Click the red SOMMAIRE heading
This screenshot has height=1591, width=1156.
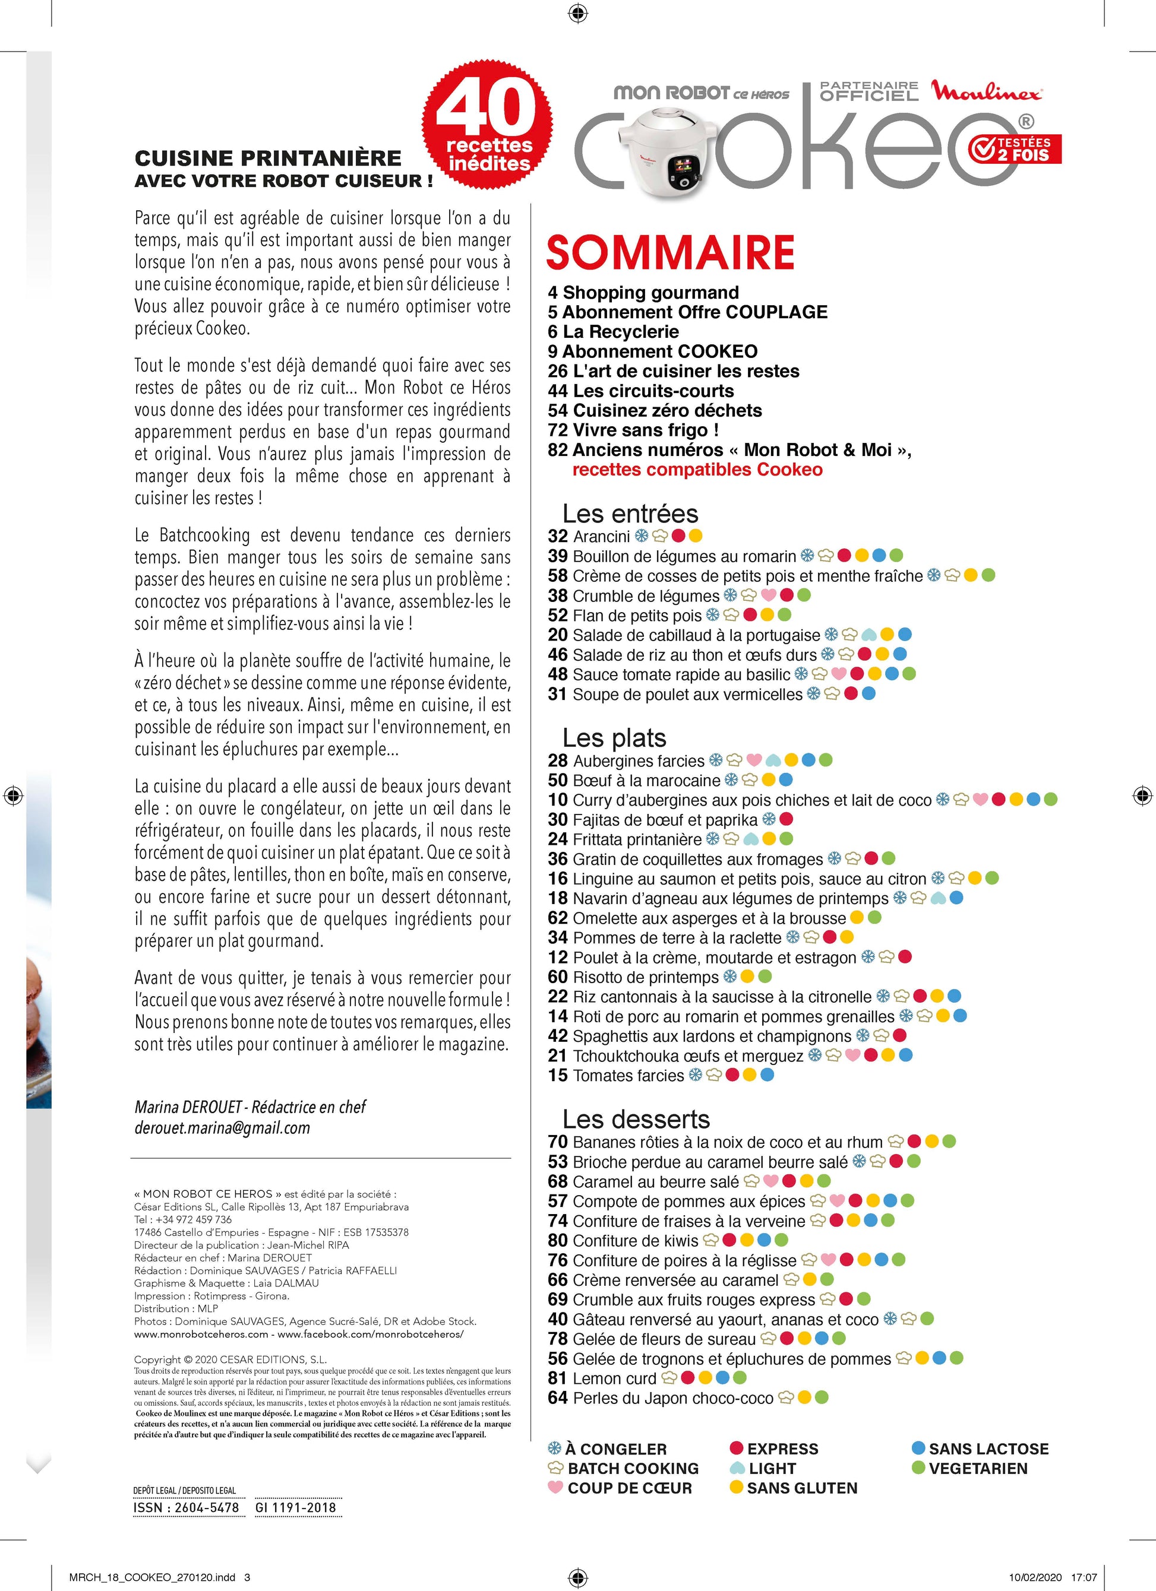click(x=669, y=253)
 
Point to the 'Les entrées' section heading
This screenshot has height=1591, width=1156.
click(x=630, y=514)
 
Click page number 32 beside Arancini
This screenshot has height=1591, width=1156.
click(x=557, y=537)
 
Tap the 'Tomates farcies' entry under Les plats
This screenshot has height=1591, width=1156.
click(x=628, y=1075)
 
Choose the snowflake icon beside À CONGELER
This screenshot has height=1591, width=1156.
click(x=554, y=1448)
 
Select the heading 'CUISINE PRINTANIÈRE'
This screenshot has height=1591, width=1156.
click(x=267, y=158)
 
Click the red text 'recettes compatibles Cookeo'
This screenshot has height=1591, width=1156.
click(x=697, y=470)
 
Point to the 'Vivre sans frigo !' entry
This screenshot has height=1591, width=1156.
click(x=633, y=430)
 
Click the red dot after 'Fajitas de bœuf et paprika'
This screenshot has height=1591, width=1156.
click(x=787, y=819)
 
